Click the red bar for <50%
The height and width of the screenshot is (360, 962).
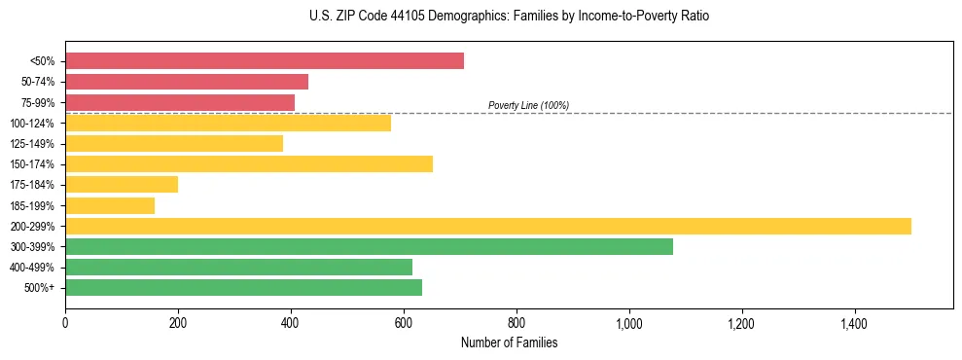[265, 61]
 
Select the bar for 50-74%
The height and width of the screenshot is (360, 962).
[187, 82]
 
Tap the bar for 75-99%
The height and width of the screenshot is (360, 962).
[180, 102]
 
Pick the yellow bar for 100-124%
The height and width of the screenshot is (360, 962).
[228, 123]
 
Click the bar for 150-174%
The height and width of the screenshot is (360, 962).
[249, 163]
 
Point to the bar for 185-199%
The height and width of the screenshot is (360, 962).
[110, 205]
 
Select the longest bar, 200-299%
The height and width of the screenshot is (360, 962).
[488, 226]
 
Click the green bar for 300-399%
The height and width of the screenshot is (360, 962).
[369, 246]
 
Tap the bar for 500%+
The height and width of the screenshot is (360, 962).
[243, 287]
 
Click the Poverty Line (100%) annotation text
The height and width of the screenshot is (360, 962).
[528, 105]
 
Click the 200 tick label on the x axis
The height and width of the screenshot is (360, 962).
[178, 322]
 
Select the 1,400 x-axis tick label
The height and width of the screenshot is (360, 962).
[855, 322]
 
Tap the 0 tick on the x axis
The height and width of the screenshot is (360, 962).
[65, 322]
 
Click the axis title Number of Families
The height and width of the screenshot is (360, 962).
[509, 342]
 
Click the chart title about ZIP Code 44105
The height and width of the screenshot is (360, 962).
[509, 17]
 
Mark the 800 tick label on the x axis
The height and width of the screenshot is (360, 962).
[517, 322]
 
